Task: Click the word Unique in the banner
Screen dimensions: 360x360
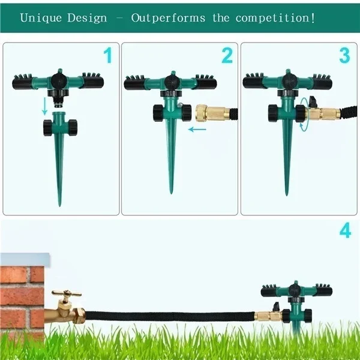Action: [41, 18]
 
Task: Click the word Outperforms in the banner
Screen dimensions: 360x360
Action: [168, 19]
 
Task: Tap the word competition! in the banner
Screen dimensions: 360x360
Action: [275, 19]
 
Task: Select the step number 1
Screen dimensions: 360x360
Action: [107, 55]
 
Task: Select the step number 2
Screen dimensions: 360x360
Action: [227, 55]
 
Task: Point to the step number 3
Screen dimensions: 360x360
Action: [344, 55]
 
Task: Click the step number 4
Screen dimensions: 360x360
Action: [346, 230]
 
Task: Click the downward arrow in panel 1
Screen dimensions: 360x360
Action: [45, 106]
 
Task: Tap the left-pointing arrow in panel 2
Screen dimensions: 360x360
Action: [197, 130]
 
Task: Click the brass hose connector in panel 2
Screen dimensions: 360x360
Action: [212, 113]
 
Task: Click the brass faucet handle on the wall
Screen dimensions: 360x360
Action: [67, 293]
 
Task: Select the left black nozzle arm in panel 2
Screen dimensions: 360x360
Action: [134, 83]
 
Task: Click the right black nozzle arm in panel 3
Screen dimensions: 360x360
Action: [322, 82]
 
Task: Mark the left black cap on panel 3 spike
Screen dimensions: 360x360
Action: [272, 113]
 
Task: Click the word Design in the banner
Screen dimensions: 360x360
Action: [87, 19]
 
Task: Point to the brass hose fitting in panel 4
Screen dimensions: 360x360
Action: [269, 316]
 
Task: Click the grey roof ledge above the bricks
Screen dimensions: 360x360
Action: [25, 259]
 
